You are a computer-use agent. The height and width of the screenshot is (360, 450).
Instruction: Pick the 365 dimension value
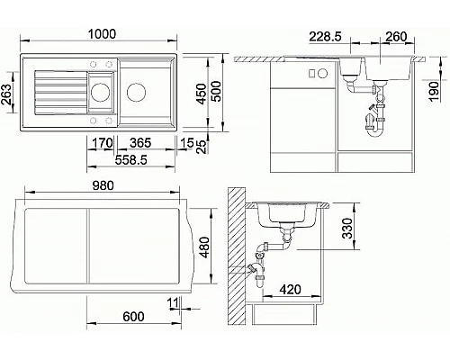click(x=141, y=142)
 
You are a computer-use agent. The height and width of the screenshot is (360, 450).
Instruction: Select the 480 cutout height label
click(x=204, y=246)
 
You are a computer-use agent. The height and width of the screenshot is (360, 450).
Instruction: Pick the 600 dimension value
click(x=132, y=316)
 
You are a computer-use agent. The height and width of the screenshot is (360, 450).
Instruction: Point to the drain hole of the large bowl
click(x=138, y=91)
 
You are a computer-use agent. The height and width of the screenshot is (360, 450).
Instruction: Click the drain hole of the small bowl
click(x=100, y=92)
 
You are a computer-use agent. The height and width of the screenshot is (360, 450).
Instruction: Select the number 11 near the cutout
click(x=172, y=301)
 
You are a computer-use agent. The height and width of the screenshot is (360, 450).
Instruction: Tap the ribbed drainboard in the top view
click(x=56, y=92)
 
